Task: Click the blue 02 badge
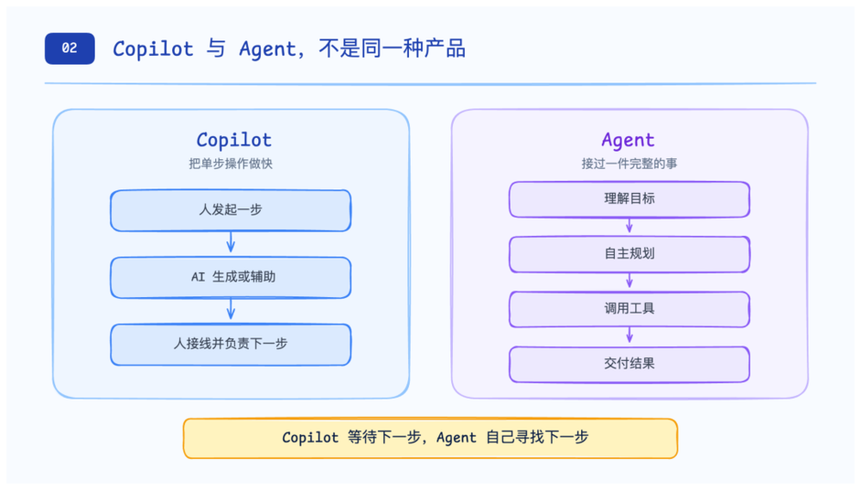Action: tap(70, 48)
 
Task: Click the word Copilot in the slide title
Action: tap(153, 49)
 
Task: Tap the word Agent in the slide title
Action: tap(268, 49)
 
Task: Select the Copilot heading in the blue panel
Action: tap(234, 140)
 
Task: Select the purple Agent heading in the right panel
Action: tap(629, 140)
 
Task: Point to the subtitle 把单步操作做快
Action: tap(231, 164)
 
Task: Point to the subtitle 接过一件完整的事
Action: tap(629, 164)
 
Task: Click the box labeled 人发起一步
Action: tap(231, 210)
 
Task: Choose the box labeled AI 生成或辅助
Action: tap(231, 277)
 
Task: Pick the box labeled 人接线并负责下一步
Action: tap(231, 344)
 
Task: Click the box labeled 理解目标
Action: tap(629, 200)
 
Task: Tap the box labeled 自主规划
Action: tap(629, 254)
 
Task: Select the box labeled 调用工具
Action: tap(629, 309)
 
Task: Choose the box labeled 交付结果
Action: tap(629, 364)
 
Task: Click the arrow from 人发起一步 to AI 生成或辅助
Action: tap(231, 242)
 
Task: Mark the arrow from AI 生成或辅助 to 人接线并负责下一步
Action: tap(231, 309)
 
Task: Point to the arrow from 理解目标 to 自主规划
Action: tap(629, 226)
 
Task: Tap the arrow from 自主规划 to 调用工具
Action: tap(629, 281)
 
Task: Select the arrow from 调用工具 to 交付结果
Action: tap(629, 335)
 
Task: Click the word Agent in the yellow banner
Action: tap(456, 437)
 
